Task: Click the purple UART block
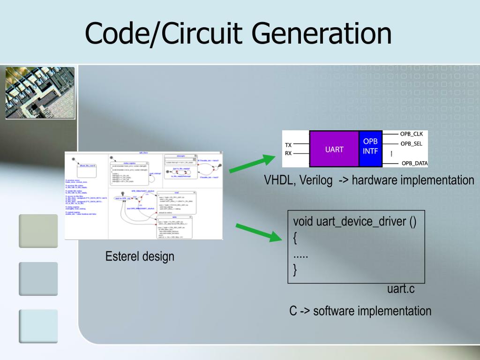[x=334, y=150]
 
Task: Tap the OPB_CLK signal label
[x=411, y=134]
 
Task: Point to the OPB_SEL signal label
[x=411, y=143]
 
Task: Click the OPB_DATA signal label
[x=414, y=163]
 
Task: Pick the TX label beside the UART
[x=288, y=145]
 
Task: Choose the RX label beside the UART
[x=288, y=153]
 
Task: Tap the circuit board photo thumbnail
[x=40, y=93]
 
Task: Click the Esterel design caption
[x=140, y=256]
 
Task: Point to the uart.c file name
[x=401, y=289]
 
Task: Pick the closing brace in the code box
[x=295, y=270]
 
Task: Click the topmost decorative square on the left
[x=38, y=231]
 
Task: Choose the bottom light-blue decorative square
[x=38, y=326]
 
